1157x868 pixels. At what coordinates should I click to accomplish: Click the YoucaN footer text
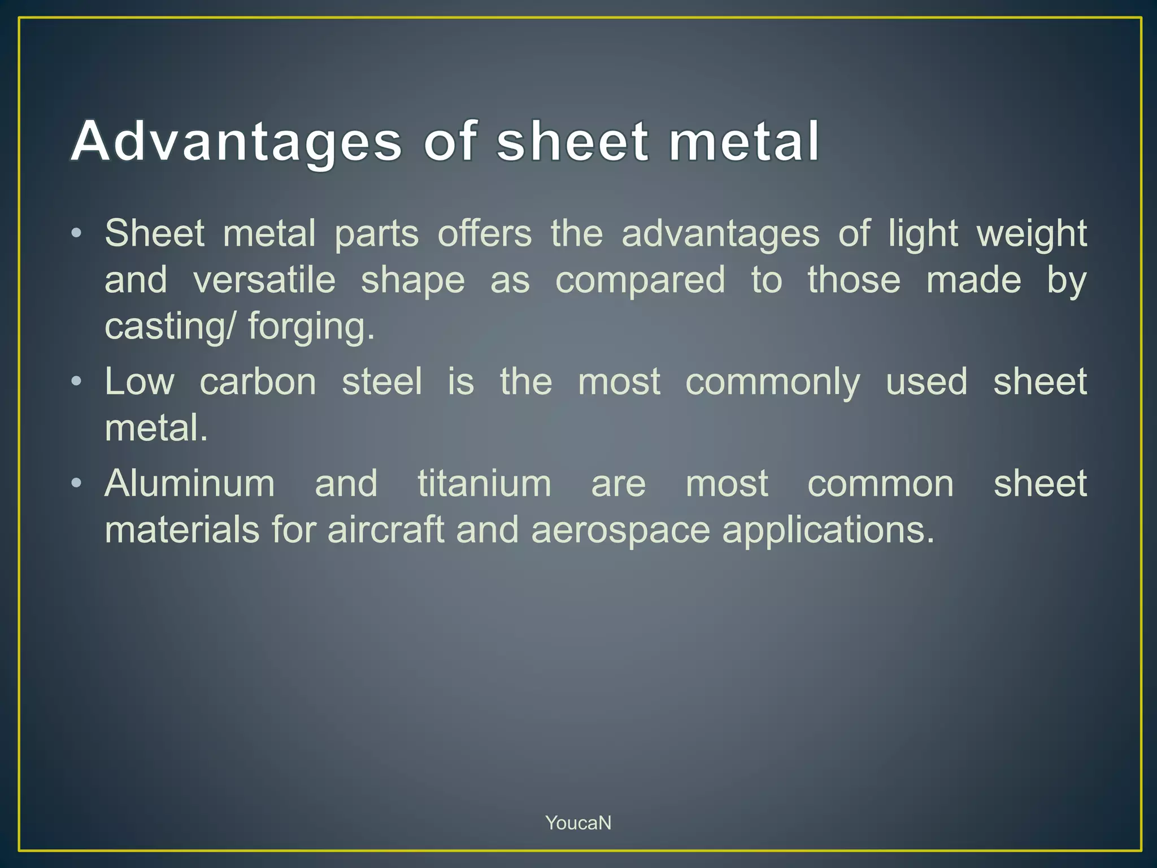(x=578, y=823)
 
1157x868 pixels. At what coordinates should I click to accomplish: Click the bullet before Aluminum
(x=77, y=483)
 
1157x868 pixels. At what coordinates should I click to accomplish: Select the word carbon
(x=258, y=381)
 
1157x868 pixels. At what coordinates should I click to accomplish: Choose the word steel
(x=382, y=381)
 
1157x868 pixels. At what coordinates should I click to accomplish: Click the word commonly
(x=772, y=383)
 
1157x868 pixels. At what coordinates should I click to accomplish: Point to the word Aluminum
(x=190, y=484)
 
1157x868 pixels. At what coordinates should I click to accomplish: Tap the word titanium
(x=484, y=484)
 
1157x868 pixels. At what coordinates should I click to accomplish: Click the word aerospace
(x=620, y=531)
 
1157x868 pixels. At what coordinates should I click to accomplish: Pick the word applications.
(x=828, y=531)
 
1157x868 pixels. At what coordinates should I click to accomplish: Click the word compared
(x=640, y=281)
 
